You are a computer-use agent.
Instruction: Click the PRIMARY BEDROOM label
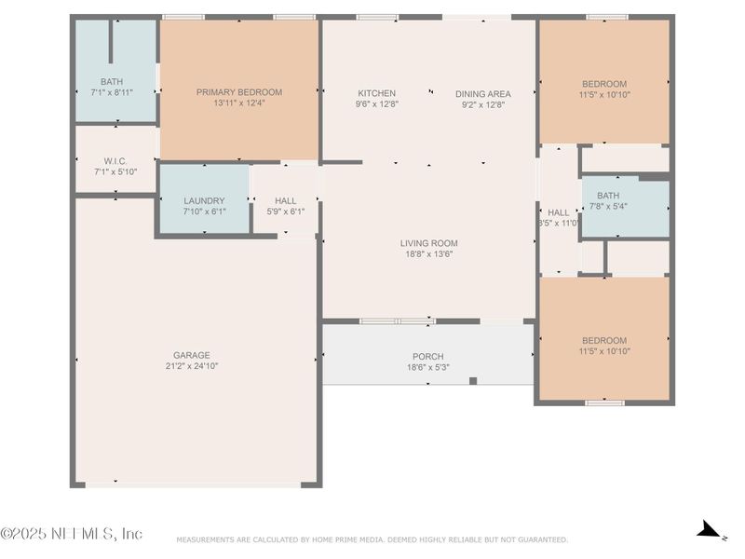tap(238, 92)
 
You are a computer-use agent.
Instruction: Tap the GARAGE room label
tap(191, 355)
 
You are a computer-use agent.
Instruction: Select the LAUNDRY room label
tap(204, 200)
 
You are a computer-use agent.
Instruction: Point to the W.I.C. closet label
tap(115, 160)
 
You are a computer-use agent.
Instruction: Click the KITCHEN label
tap(376, 93)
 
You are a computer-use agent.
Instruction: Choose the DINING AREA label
tap(483, 93)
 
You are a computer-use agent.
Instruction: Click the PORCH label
tap(427, 357)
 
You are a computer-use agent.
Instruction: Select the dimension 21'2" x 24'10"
tap(191, 366)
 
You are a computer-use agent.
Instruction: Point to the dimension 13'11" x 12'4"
tap(238, 103)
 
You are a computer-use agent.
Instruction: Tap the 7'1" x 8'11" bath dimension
tap(111, 93)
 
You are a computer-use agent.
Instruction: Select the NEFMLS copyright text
tap(72, 534)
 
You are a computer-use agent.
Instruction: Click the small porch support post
tap(473, 380)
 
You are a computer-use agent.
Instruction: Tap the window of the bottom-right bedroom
tap(603, 402)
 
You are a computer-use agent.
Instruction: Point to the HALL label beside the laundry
tap(285, 200)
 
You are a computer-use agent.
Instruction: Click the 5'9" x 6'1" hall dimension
tap(285, 211)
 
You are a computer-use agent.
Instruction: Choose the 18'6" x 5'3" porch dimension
tap(427, 368)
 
